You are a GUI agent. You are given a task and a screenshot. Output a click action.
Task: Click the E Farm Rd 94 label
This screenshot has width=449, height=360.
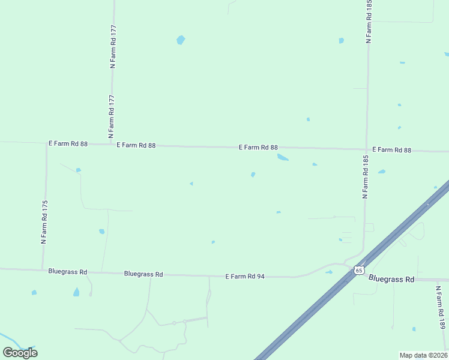coord(245,277)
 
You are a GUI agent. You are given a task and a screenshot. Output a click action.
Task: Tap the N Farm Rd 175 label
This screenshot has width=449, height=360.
coord(43,222)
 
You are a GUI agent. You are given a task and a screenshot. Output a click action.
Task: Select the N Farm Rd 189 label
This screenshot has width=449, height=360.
coord(442,307)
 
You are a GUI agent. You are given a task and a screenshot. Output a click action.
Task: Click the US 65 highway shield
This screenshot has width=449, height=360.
coord(358,271)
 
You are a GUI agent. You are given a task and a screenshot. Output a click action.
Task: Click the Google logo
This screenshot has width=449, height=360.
coord(20,352)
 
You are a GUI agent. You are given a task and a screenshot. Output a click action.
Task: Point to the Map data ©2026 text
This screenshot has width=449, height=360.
coord(423,355)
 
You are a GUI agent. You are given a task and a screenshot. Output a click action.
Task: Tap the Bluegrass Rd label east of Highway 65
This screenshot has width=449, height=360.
coord(391,279)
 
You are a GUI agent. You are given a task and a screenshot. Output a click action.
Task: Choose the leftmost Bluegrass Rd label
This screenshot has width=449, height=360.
coord(67,272)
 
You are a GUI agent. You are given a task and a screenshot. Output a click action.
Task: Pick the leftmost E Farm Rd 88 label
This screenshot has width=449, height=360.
coord(68,144)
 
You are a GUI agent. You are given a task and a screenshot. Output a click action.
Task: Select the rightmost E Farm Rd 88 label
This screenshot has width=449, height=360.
coord(391,150)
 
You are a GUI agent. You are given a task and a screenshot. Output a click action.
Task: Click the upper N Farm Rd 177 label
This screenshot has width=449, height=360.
coord(113,46)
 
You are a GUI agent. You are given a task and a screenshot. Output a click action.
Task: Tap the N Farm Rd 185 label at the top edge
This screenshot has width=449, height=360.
coord(369,22)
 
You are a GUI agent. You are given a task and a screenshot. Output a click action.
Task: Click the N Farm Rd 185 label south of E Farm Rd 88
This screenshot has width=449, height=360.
coord(364,177)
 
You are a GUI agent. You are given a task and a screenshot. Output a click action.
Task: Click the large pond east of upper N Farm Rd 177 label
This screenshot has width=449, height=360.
coord(181,40)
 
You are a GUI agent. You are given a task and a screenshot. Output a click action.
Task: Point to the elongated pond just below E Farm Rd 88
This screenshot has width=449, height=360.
coord(282,158)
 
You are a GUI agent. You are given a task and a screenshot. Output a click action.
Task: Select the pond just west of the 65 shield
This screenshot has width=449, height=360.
coord(329,272)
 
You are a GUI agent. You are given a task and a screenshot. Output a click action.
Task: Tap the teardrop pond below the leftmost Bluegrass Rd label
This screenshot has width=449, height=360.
coord(76,292)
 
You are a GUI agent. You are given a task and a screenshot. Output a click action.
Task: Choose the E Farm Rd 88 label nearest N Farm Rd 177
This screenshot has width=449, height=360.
coord(136,145)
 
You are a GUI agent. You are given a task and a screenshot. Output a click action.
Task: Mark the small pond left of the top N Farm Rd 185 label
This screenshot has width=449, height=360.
coord(341,41)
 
